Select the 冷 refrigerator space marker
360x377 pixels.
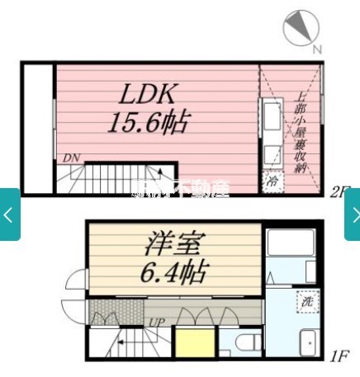(x=272, y=181)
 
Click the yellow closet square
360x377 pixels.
(x=193, y=343)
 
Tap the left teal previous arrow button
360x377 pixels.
(x=9, y=214)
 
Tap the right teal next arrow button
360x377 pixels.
(x=353, y=214)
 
